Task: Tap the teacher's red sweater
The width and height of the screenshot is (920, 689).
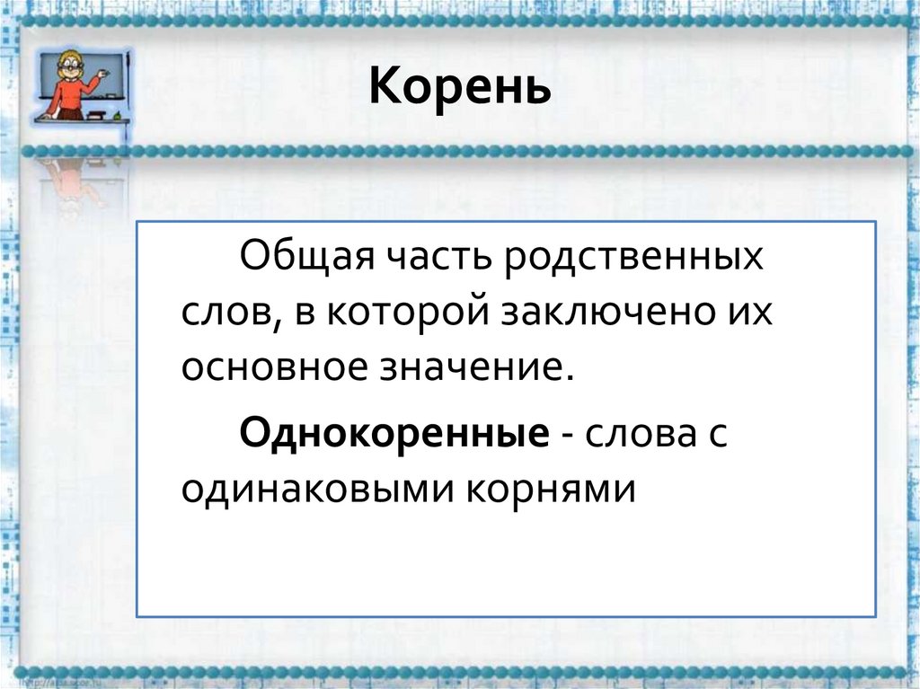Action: click(67, 94)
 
